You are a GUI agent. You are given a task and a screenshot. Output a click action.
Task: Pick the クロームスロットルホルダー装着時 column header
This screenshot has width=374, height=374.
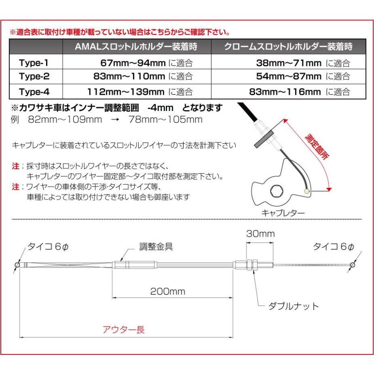288,47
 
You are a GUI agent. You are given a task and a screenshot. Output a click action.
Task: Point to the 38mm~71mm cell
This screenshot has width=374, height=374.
289,64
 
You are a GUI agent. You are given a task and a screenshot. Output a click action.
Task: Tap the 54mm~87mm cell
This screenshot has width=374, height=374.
289,76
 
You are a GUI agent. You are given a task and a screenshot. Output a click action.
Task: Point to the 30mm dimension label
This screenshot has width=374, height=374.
260,234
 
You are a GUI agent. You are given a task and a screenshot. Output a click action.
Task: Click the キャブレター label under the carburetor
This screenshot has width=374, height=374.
283,213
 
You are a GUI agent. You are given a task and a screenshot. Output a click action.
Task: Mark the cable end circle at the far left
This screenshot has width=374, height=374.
17,265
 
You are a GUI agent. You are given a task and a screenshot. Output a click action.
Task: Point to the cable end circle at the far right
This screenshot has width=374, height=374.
352,265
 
